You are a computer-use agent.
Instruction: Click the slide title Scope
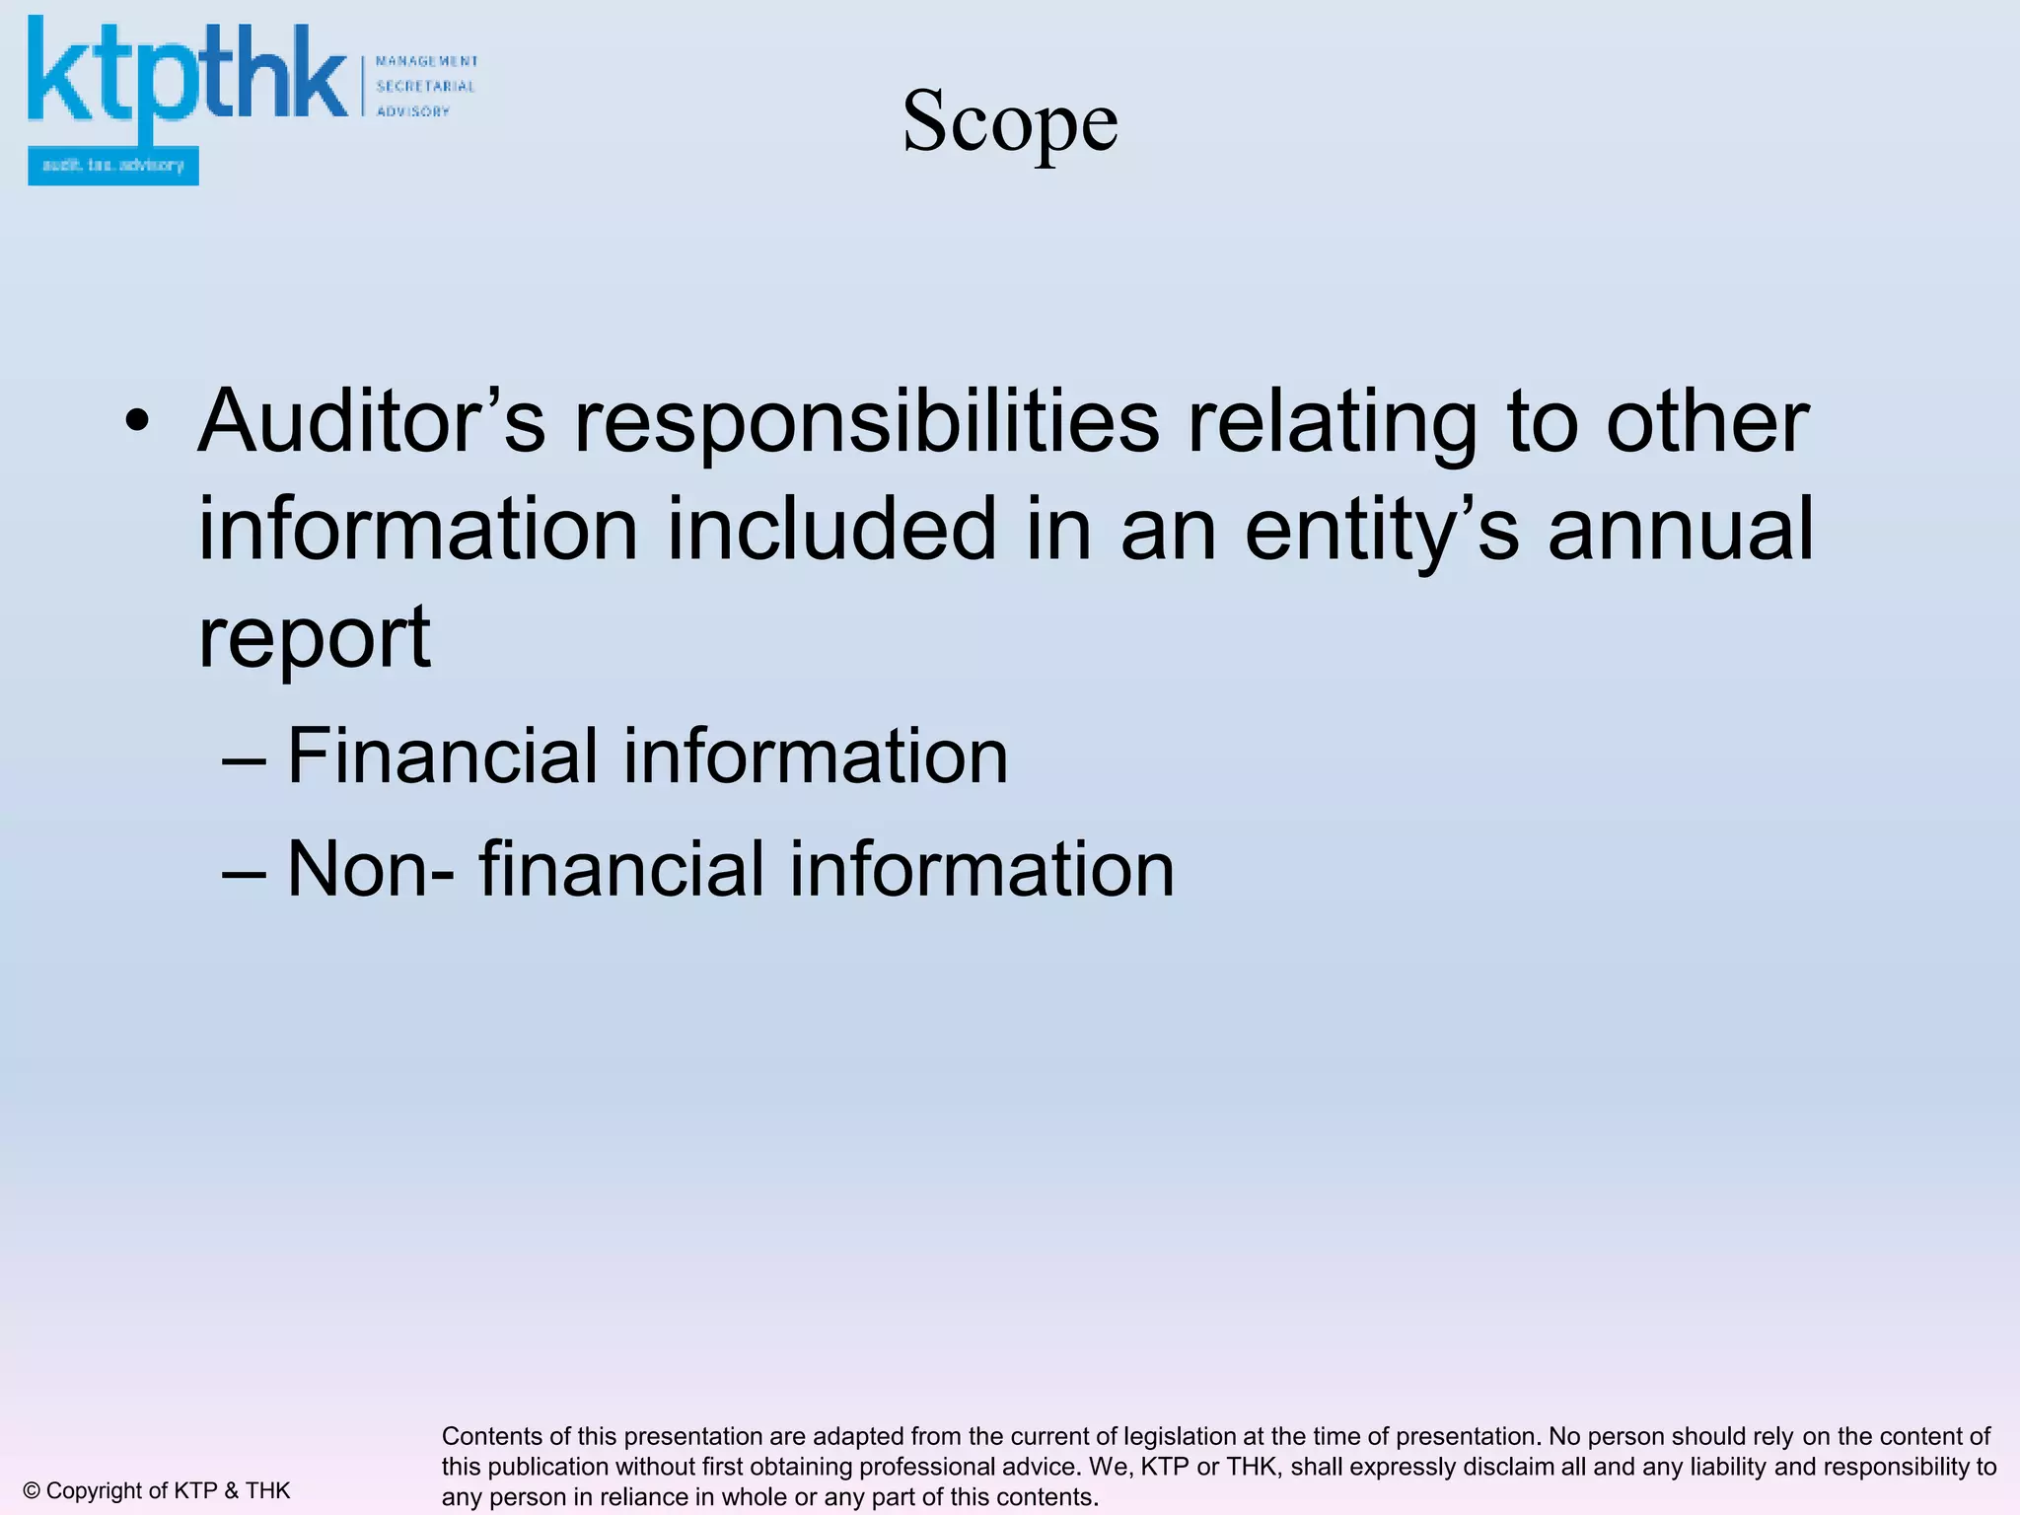pyautogui.click(x=1010, y=120)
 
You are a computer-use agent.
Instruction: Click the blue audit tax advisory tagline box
pyautogui.click(x=113, y=166)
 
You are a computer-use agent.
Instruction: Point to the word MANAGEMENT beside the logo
pyautogui.click(x=427, y=61)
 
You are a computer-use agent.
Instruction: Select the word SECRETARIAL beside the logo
pyautogui.click(x=425, y=86)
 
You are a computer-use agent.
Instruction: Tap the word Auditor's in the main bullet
pyautogui.click(x=371, y=422)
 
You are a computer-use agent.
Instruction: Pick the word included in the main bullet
pyautogui.click(x=831, y=530)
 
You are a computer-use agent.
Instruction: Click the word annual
pyautogui.click(x=1681, y=530)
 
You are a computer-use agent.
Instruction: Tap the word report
pyautogui.click(x=315, y=639)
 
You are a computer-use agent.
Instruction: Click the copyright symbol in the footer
pyautogui.click(x=32, y=1490)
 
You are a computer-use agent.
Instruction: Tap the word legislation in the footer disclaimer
pyautogui.click(x=1178, y=1436)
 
